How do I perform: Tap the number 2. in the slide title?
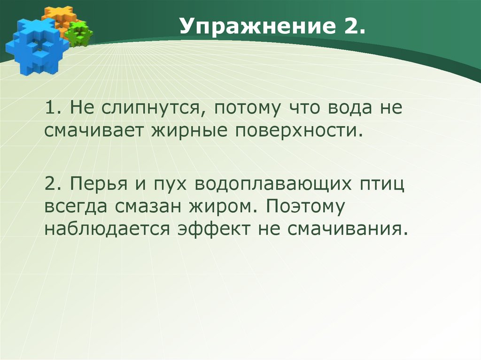coord(350,30)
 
